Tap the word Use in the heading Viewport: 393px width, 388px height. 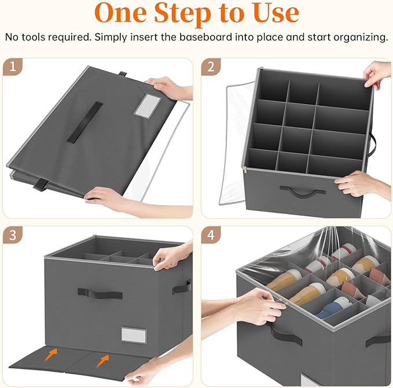[x=270, y=13]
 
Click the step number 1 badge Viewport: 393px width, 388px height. [x=13, y=68]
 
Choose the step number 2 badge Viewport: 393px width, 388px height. [x=211, y=68]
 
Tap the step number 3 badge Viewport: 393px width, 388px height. [x=13, y=235]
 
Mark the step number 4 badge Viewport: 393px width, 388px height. [x=211, y=235]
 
